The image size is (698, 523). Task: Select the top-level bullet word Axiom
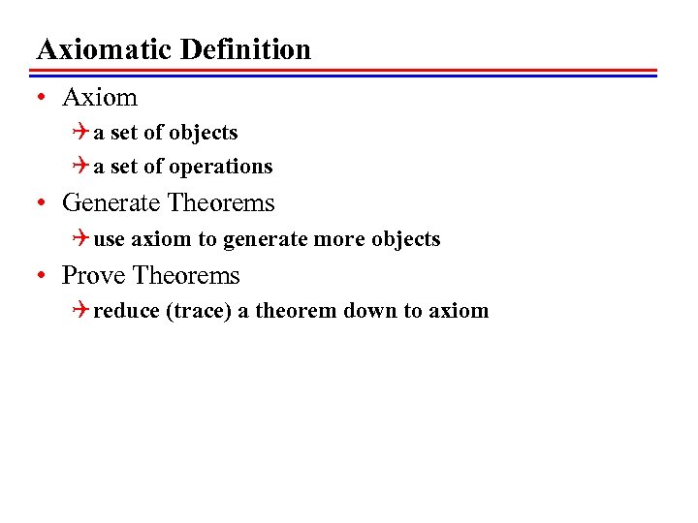coord(100,97)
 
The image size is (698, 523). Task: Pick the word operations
coord(221,167)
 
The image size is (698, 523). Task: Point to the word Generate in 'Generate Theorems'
coord(111,203)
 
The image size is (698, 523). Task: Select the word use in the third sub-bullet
coord(110,239)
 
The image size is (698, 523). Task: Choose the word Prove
coord(94,276)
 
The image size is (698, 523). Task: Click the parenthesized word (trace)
coord(199,311)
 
